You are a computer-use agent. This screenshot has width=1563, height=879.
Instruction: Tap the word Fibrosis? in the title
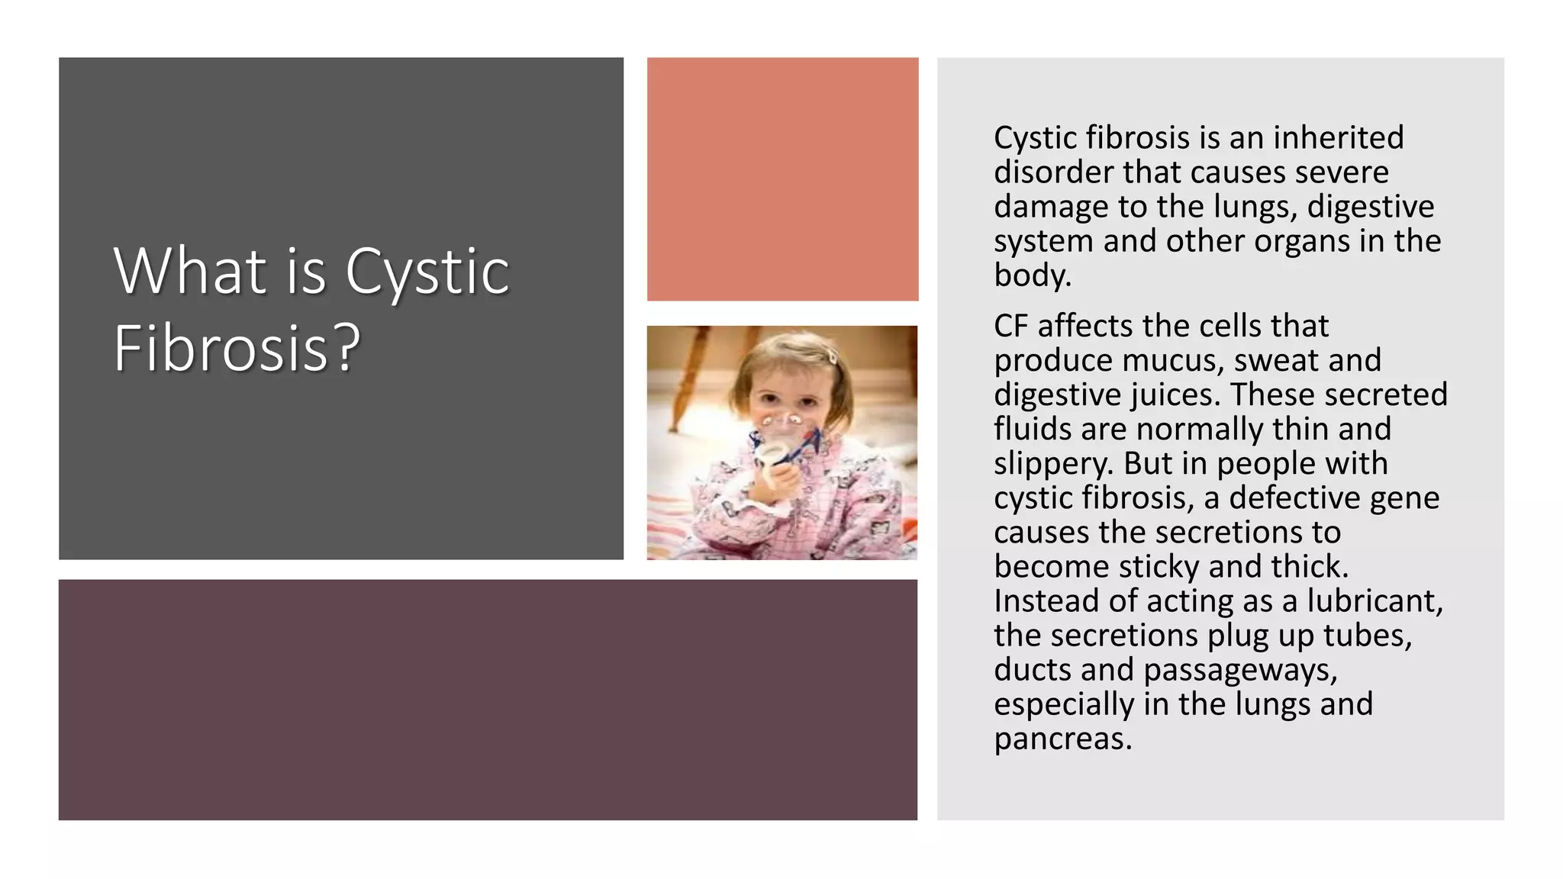click(x=237, y=348)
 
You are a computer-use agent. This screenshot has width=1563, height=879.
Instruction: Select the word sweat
click(x=1274, y=361)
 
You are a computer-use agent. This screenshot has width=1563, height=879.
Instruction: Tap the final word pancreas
click(x=1062, y=739)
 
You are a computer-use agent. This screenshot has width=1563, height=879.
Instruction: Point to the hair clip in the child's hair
click(x=832, y=356)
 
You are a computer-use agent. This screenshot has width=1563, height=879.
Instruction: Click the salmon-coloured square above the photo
click(x=782, y=179)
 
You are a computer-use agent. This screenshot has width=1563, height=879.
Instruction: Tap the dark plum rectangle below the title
click(x=488, y=700)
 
